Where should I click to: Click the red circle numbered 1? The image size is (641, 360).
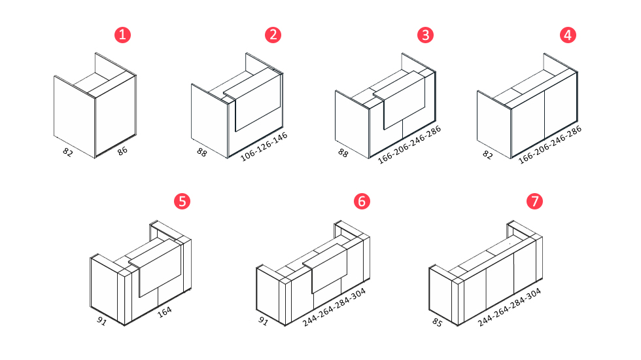click(x=123, y=35)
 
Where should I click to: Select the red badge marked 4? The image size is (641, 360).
click(x=568, y=35)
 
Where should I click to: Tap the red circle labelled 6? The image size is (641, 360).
click(x=362, y=202)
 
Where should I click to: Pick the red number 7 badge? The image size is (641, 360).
click(x=535, y=202)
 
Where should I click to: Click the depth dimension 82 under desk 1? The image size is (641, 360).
click(x=68, y=152)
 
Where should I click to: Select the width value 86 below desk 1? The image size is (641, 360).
click(x=122, y=151)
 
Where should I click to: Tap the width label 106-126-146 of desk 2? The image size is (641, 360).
click(x=264, y=147)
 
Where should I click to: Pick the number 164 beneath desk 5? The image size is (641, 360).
click(x=164, y=312)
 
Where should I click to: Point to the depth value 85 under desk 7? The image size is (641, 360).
click(x=438, y=322)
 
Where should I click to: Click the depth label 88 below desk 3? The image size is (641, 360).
click(x=343, y=153)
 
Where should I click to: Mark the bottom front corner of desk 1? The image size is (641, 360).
click(x=95, y=158)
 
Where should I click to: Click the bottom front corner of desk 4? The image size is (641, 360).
click(x=511, y=158)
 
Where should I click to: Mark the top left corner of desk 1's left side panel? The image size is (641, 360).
click(x=54, y=76)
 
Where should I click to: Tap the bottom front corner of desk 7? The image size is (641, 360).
click(x=457, y=326)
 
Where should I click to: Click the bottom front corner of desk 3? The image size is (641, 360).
click(x=369, y=158)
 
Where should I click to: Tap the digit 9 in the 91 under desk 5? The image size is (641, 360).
click(x=99, y=319)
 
